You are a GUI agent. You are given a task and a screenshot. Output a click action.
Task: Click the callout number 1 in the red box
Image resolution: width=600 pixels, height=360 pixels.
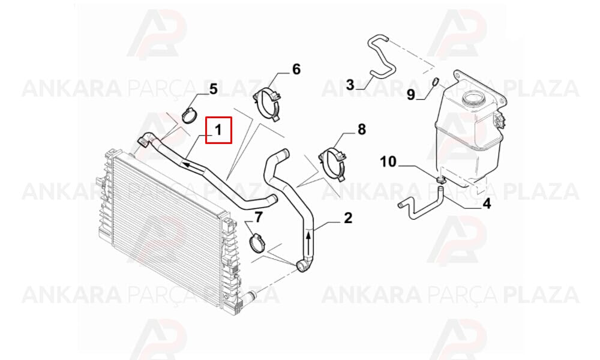218,130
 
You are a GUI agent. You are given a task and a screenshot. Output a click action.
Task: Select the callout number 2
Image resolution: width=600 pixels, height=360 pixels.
348,218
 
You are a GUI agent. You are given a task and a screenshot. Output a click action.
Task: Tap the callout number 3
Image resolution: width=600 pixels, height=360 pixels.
350,85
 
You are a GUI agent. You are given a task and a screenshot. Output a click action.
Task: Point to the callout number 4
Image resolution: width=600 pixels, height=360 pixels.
487,204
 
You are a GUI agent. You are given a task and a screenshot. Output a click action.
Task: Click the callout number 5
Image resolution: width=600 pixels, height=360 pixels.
213,89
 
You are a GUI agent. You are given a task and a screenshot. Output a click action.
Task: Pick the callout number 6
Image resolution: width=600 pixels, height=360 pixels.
296,69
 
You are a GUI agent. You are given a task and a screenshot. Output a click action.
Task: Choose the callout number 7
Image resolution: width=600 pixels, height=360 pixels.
259,217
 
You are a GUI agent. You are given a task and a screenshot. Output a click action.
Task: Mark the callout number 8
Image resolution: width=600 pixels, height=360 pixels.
362,130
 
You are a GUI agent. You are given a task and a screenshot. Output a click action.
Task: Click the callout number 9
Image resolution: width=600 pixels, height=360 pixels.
410,94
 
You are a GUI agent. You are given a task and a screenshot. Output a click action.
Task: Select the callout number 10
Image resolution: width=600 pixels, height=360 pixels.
388,161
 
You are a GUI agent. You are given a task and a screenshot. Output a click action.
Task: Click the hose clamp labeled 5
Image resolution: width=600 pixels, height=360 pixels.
190,115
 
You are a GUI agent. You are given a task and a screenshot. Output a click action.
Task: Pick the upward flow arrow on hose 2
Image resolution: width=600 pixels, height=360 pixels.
308,240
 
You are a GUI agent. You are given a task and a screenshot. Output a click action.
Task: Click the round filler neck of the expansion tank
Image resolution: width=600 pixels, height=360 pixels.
474,98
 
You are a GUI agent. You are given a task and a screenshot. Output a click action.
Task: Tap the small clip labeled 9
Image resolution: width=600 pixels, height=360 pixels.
435,81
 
